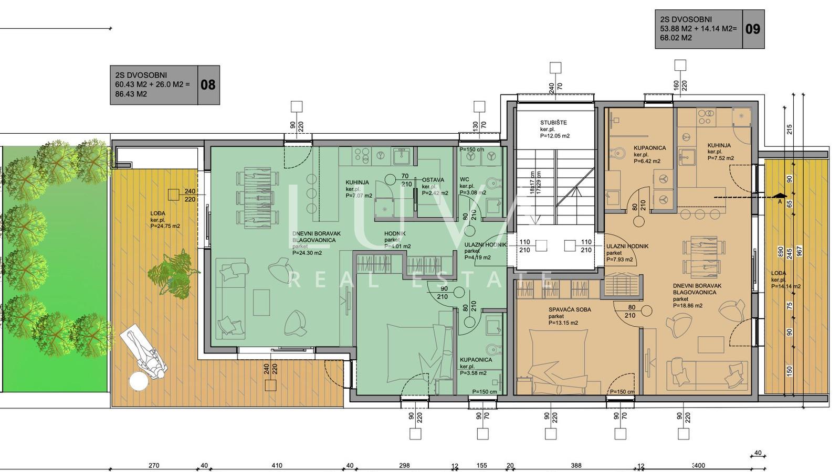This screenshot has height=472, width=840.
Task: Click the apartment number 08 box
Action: click(x=208, y=85)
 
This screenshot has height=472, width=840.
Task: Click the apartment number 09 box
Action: click(x=752, y=29)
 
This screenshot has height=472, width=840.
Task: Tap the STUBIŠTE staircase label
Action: click(x=553, y=123)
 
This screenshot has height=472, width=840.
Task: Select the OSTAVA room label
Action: click(x=433, y=180)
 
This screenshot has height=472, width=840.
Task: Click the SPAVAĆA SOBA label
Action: click(x=570, y=309)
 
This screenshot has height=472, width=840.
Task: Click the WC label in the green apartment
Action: click(x=464, y=179)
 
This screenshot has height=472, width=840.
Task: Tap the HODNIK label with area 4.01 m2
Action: click(x=395, y=233)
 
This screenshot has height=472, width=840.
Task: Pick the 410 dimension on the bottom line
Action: click(x=277, y=465)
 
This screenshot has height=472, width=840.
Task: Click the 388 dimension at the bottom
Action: click(x=576, y=465)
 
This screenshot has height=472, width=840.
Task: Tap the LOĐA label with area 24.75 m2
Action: click(x=157, y=213)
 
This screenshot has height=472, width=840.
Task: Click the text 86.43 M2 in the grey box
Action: click(x=131, y=94)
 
